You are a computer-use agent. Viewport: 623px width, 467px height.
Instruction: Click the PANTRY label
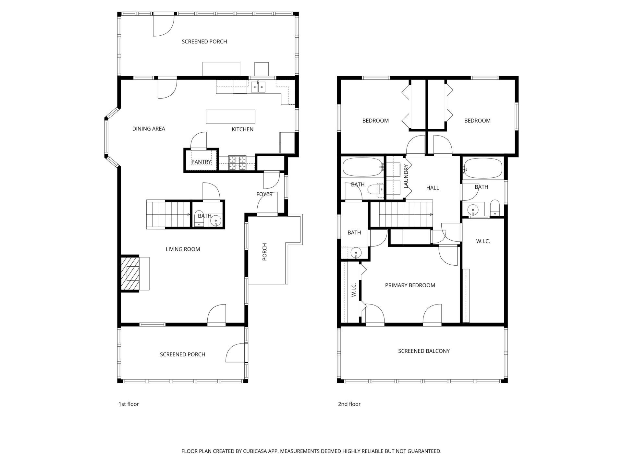click(201, 162)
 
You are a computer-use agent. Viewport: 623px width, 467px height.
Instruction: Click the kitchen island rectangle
click(230, 117)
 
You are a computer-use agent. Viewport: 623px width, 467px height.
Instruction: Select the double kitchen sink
click(258, 87)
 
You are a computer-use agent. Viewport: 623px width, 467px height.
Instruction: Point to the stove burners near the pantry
click(238, 163)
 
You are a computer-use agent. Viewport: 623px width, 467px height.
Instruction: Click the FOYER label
click(264, 194)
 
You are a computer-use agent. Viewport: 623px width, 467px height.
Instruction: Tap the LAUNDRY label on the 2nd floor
click(406, 176)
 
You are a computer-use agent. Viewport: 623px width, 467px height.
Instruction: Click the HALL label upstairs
click(432, 188)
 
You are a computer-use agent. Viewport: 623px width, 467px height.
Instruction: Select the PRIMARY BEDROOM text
click(410, 285)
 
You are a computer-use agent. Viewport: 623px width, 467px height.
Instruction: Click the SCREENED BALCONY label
click(424, 351)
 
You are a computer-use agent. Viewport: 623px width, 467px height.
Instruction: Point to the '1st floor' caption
click(128, 404)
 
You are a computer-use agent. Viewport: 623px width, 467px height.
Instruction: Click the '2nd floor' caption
click(349, 404)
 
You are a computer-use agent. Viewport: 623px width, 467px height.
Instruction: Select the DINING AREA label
click(149, 129)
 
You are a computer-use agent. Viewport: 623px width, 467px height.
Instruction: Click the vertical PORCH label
click(264, 252)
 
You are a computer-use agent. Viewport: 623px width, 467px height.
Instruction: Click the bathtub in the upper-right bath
click(483, 168)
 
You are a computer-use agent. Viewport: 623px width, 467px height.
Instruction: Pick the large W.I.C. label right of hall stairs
click(483, 241)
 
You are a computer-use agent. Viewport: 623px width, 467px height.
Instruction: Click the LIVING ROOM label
click(183, 249)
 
